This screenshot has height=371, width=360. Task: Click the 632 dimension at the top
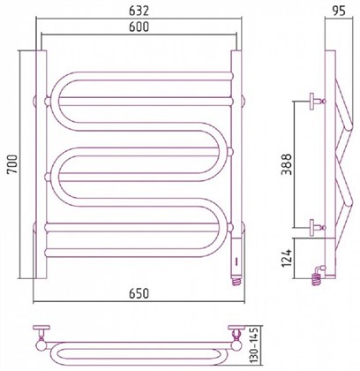pyautogui.click(x=137, y=11)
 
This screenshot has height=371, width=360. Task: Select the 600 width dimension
pyautogui.click(x=137, y=27)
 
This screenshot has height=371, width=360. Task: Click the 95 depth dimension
pyautogui.click(x=335, y=11)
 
